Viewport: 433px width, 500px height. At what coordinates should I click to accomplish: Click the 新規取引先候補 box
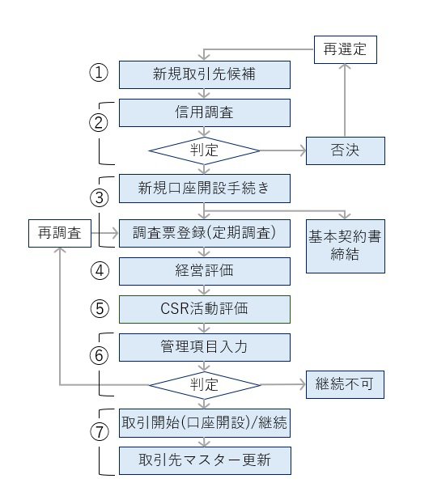(x=205, y=74)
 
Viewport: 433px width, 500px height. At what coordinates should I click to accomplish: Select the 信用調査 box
(x=205, y=112)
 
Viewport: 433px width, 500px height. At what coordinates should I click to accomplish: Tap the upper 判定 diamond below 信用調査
(x=205, y=151)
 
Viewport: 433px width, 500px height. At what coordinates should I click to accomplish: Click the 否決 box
(x=344, y=151)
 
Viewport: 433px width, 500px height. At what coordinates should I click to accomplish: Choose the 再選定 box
(x=345, y=49)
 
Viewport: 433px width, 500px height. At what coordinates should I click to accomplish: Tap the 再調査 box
(x=59, y=233)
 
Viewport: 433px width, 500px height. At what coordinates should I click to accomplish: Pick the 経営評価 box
(x=205, y=271)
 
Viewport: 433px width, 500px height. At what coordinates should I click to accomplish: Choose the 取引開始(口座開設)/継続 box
(x=205, y=422)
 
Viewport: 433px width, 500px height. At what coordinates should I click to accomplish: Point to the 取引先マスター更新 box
(x=205, y=460)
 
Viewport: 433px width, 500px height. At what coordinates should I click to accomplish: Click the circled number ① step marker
(x=98, y=73)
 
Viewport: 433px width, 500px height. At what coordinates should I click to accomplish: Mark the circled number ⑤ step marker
(x=98, y=309)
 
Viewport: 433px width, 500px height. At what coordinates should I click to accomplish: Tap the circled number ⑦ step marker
(x=98, y=431)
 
